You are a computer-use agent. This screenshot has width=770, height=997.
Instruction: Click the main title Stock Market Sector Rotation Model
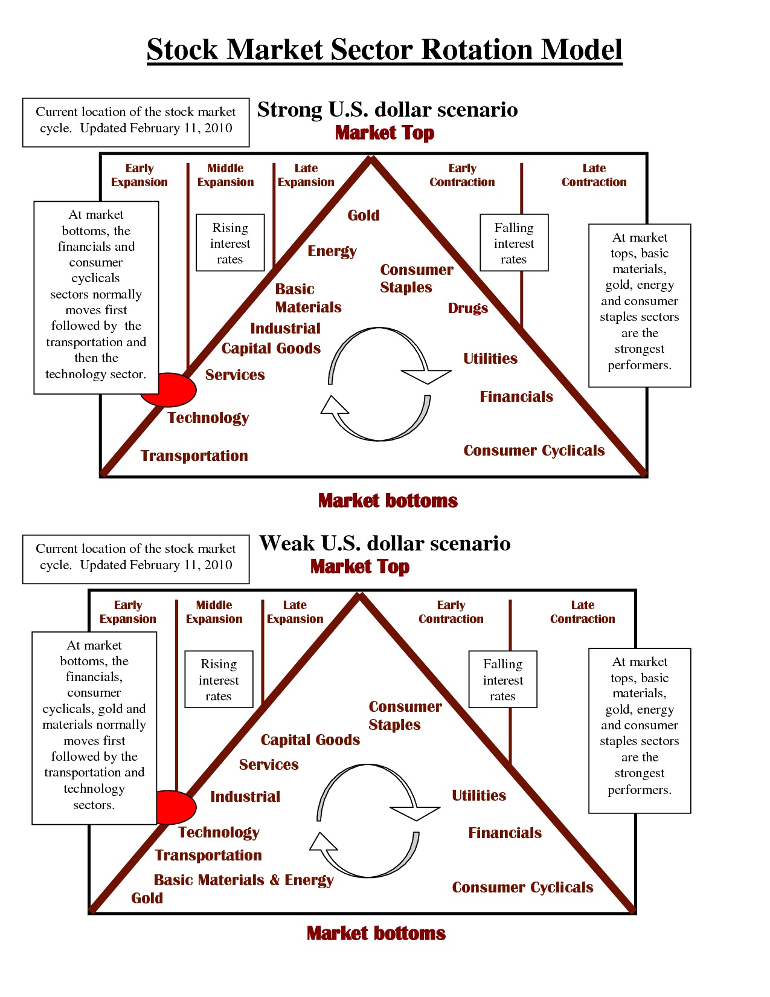[x=384, y=50]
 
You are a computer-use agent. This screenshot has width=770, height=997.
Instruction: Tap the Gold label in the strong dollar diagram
[x=364, y=215]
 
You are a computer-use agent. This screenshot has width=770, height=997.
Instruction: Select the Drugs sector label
[x=468, y=308]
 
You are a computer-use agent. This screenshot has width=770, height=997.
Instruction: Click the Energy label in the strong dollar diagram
[x=332, y=251]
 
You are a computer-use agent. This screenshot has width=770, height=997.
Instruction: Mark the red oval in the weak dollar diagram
[x=176, y=807]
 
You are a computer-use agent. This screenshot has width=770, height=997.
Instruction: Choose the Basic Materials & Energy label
[x=243, y=880]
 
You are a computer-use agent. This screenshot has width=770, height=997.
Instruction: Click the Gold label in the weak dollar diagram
[x=147, y=898]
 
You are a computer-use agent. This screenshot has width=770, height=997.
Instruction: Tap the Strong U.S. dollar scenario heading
[x=388, y=109]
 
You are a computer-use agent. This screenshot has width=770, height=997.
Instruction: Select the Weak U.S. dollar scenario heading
[x=385, y=543]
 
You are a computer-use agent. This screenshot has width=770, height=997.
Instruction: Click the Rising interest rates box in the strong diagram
[x=230, y=243]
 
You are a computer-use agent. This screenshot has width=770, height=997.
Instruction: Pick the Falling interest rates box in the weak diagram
[x=502, y=680]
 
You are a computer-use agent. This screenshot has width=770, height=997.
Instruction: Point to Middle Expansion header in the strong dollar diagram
[x=226, y=175]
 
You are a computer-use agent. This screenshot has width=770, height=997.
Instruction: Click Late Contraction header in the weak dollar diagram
[x=582, y=612]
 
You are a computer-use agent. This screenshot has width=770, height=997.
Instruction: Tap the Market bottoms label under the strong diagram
[x=388, y=500]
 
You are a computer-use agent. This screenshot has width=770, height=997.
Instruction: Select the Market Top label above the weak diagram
[x=360, y=567]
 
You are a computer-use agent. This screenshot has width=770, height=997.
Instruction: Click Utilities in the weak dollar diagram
[x=479, y=795]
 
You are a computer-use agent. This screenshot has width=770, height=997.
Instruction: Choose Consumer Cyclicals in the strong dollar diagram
[x=534, y=451]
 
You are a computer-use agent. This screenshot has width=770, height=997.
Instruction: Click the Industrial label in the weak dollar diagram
[x=245, y=796]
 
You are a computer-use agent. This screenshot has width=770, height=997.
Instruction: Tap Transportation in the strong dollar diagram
[x=194, y=456]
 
